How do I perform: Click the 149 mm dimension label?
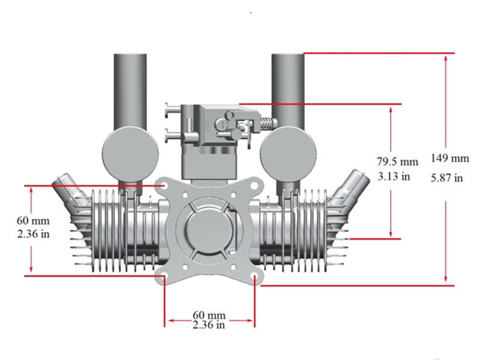pos(449,158)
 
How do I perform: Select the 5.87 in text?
pos(446,177)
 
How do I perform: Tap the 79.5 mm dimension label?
pos(397,161)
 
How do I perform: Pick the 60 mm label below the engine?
pos(209,315)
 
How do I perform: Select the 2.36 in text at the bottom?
pos(209,325)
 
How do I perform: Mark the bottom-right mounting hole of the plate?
pos(255,277)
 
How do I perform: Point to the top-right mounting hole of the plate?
pos(255,186)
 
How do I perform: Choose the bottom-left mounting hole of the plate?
pos(164,277)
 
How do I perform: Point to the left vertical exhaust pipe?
pos(130,90)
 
